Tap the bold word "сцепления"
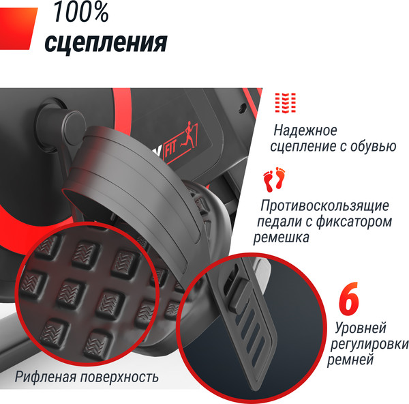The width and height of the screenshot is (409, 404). click(x=106, y=42)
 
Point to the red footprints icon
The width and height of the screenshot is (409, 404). click(x=275, y=181)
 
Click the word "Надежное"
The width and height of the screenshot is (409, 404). click(x=305, y=130)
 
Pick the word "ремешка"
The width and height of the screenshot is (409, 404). click(x=282, y=237)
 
